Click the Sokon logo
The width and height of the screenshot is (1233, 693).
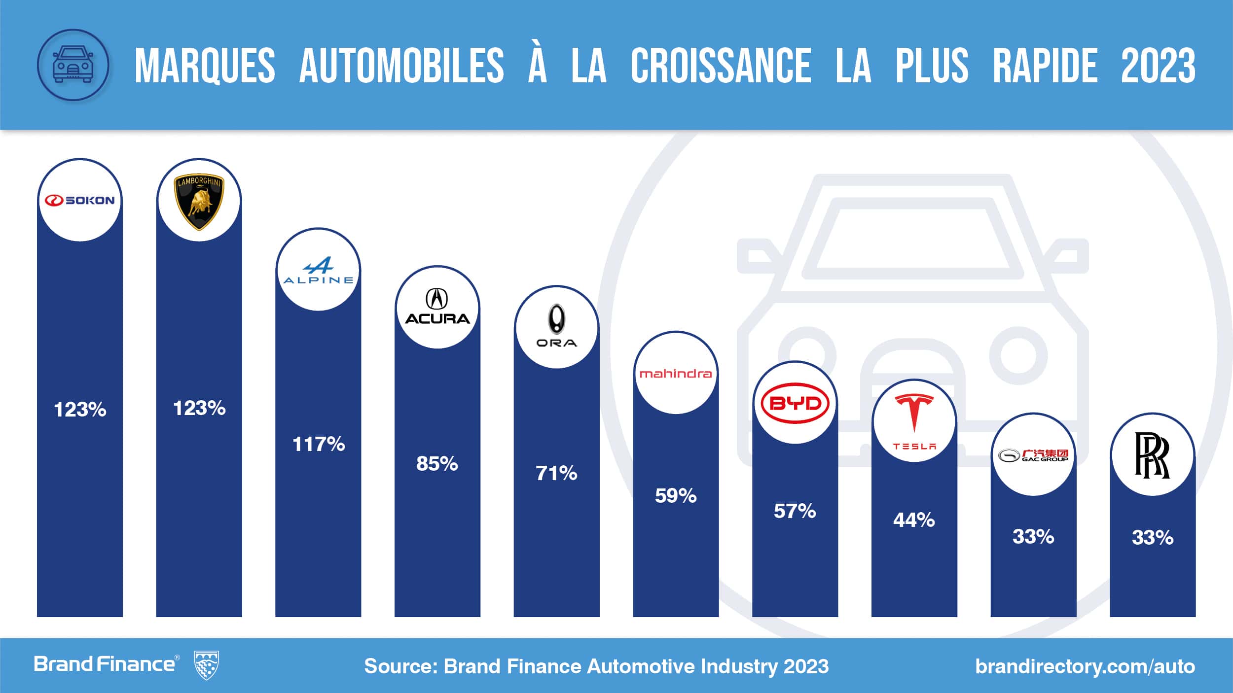80,200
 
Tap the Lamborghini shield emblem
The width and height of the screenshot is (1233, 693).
199,201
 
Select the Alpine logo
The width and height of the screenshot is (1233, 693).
318,271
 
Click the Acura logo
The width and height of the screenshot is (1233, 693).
437,307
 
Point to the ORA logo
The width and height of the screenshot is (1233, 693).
556,326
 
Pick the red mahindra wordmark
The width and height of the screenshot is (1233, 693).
675,374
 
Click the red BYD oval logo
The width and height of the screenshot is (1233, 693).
795,404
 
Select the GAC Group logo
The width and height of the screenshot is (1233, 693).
1033,455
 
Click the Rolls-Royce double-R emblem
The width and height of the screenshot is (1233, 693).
1152,455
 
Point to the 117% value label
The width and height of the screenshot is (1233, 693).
318,444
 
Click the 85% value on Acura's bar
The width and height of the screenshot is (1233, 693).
437,464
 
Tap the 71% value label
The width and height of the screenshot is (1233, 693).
556,474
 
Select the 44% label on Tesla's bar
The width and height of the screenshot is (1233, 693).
914,520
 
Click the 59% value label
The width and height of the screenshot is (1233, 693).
675,496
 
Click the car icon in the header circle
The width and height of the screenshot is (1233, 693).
73,65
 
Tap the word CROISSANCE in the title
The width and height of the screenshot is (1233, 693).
721,66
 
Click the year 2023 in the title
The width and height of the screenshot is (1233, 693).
1158,66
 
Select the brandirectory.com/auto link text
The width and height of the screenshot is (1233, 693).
1085,666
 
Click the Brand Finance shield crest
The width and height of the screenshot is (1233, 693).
207,665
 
